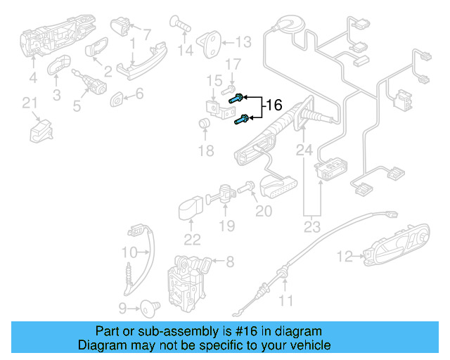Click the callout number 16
[x=272, y=105]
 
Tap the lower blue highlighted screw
[x=240, y=120]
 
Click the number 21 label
[x=29, y=104]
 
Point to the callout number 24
[x=304, y=149]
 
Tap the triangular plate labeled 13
[x=212, y=41]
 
